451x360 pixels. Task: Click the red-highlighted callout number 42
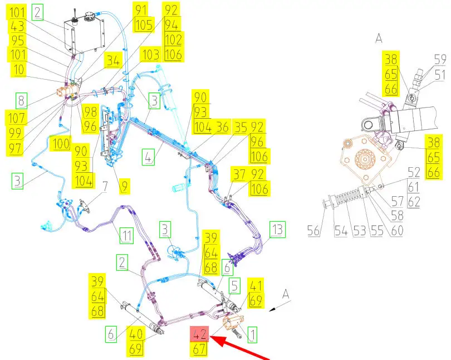tap(200, 335)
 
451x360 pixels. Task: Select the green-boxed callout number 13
tap(277, 228)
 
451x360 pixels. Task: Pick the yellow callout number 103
tap(150, 55)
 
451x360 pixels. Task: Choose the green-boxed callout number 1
tap(252, 334)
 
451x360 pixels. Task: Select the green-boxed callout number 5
tap(235, 286)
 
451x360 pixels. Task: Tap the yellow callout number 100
tap(61, 142)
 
